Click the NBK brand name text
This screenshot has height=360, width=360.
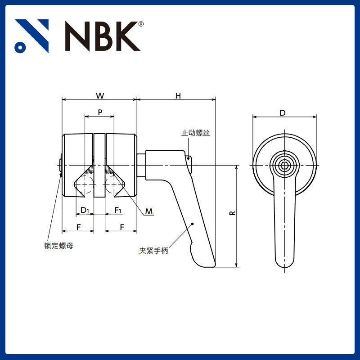coord(101,36)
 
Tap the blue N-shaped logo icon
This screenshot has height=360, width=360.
coord(31,36)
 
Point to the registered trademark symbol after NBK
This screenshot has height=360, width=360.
coord(141,24)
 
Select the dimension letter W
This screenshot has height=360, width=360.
coord(100,95)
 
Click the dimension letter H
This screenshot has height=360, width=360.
coord(178,95)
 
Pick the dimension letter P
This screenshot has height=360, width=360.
coord(99,112)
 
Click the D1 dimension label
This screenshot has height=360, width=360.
coord(85,210)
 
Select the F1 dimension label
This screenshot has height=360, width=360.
coord(118,210)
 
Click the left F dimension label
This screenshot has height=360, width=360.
coord(78,227)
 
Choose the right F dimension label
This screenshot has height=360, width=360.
coord(122,227)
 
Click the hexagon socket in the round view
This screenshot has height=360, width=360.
coord(284,165)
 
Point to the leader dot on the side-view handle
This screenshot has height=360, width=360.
coord(192,223)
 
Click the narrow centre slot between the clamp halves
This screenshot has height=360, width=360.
coord(99,165)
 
